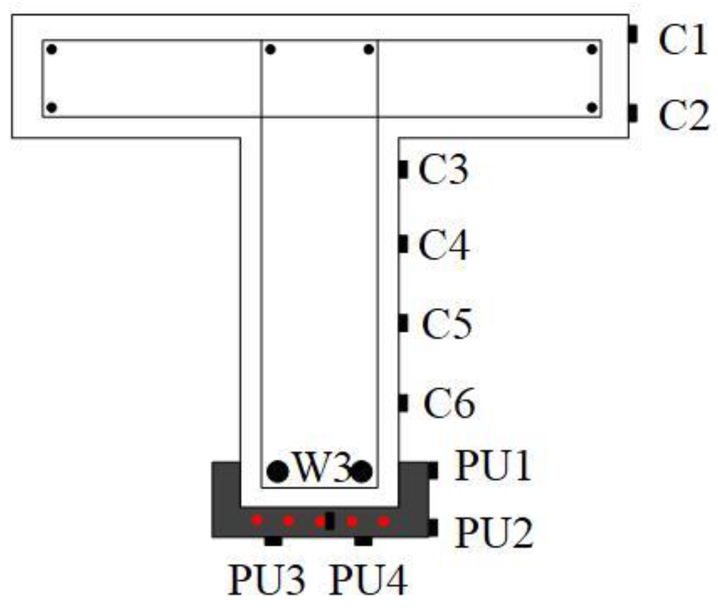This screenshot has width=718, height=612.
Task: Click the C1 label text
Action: coord(683,40)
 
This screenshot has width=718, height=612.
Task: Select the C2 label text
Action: coord(684,115)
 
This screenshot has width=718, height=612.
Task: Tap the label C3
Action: coord(443,170)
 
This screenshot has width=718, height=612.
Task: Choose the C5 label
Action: coord(447,324)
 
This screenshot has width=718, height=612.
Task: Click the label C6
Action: coord(449,404)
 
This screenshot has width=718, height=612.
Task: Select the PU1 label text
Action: coord(493,466)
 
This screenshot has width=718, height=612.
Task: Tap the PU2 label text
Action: coord(494,532)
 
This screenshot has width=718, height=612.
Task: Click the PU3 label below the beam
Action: coord(266,580)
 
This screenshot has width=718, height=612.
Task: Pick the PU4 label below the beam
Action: coord(368,580)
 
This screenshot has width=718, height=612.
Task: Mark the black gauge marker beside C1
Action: coord(633,34)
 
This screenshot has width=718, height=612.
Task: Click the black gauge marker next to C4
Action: coord(403,244)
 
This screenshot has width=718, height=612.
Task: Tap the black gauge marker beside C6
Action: coord(403,403)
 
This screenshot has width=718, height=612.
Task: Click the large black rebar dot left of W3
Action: coord(278,471)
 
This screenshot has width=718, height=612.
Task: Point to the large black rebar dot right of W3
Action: coord(362,471)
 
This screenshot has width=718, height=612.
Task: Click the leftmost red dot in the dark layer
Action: coord(257,520)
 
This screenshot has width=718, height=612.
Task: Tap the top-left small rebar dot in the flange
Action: coord(51,50)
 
